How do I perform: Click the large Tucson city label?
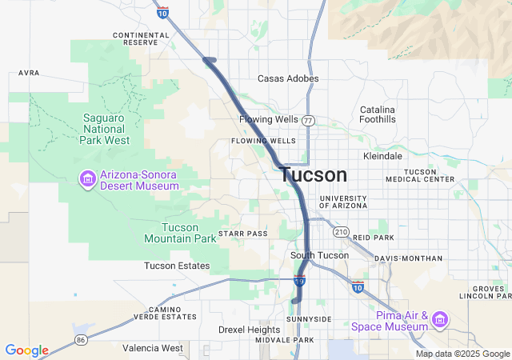click(x=314, y=175)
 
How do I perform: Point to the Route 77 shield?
click(x=308, y=120)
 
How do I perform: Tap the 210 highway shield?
click(x=342, y=232)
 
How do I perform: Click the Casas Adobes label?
click(x=288, y=78)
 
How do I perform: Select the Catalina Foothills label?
click(x=378, y=114)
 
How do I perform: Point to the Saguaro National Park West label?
click(x=105, y=128)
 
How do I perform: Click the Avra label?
click(x=29, y=73)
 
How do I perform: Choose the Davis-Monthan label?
click(x=408, y=258)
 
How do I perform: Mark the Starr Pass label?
click(x=248, y=234)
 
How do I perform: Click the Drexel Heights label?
click(x=250, y=330)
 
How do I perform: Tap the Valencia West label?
click(x=153, y=348)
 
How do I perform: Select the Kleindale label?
click(x=382, y=156)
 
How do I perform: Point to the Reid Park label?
click(x=374, y=238)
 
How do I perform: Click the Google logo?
click(x=26, y=350)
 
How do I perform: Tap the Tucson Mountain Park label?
click(x=180, y=233)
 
